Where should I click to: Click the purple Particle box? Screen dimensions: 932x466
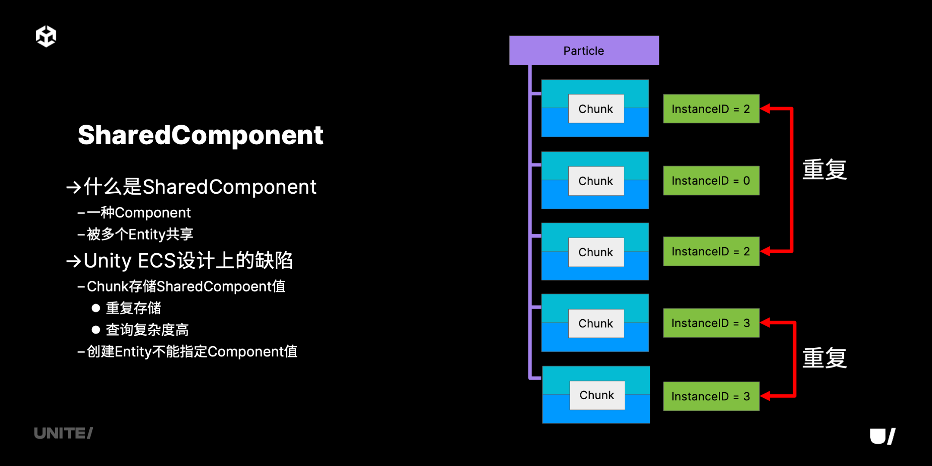[584, 50]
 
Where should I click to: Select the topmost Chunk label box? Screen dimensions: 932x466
[596, 109]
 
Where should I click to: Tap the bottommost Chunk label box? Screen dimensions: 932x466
[597, 395]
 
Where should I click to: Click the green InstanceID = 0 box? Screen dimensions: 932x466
[711, 181]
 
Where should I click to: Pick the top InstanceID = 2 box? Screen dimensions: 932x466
[711, 109]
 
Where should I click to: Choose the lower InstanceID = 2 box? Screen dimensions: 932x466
[711, 251]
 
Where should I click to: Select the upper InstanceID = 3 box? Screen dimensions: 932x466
[711, 323]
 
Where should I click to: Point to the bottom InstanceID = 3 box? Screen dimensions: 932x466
[711, 396]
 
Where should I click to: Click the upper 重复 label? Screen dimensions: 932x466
[825, 170]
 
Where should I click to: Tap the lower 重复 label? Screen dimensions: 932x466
[825, 358]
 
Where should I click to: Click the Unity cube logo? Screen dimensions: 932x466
[46, 36]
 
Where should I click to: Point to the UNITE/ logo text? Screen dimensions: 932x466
[63, 433]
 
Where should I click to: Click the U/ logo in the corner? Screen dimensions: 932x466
[883, 436]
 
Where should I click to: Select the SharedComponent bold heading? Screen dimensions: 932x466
[201, 135]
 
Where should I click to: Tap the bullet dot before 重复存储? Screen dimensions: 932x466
[96, 308]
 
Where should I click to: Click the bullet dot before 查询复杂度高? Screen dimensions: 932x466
[96, 330]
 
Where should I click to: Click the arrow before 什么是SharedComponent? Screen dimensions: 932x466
[74, 187]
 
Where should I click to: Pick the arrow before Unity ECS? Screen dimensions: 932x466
[74, 261]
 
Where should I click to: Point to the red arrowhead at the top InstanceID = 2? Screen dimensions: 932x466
[765, 109]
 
